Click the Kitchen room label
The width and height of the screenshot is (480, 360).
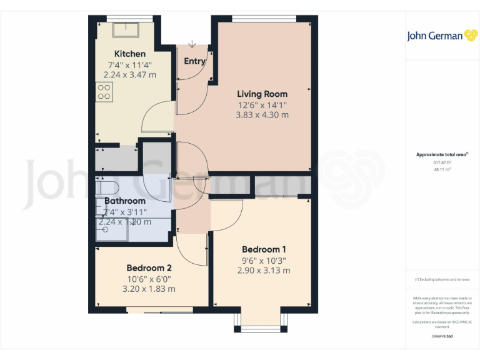coord(129,54)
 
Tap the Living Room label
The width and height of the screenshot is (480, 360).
coord(262,94)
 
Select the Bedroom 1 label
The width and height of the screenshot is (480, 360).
coord(263,249)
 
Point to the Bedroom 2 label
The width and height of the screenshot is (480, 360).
coord(149,268)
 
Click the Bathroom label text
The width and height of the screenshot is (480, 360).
coord(125,201)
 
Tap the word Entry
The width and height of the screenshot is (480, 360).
coord(194,61)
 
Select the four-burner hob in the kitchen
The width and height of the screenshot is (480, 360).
coord(104,92)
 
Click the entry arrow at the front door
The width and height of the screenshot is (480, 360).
coord(191,43)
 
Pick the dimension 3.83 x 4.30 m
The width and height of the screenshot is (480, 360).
coord(262,115)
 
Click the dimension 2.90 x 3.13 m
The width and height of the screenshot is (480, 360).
coord(263,271)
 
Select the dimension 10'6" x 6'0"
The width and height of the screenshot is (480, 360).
coord(149,279)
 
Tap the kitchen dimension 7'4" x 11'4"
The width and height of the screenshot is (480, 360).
coord(129,64)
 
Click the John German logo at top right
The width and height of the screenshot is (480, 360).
coord(442,36)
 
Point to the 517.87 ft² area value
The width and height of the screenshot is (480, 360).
coord(442,162)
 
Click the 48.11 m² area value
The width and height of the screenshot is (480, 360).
coord(442,169)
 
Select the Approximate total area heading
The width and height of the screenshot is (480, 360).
coord(442,154)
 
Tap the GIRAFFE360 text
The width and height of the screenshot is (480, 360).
coord(442,337)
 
